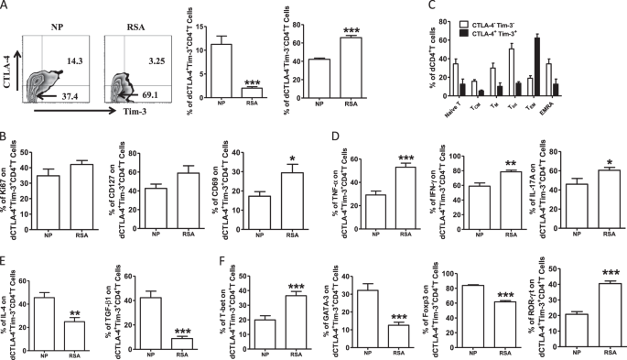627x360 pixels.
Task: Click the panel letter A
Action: coord(6,6)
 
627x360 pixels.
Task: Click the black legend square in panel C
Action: coord(483,18)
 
